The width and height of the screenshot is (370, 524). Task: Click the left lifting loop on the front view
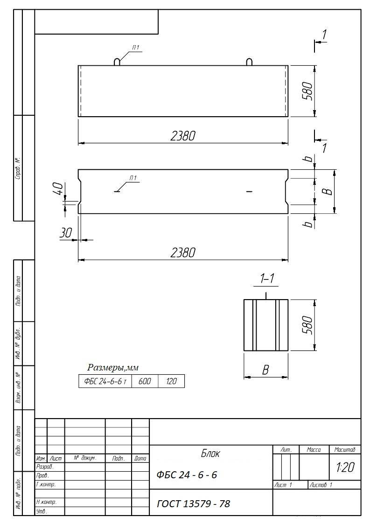point(117,62)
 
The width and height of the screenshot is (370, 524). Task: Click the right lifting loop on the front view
point(249,62)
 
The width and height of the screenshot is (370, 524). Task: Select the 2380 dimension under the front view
point(182,136)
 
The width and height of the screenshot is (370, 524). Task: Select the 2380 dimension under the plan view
point(182,252)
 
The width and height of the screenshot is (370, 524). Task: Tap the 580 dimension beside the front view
point(307,91)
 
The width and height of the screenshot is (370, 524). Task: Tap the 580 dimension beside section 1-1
point(307,325)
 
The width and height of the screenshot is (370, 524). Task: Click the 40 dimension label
point(58,189)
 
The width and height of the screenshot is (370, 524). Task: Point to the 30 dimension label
point(65,232)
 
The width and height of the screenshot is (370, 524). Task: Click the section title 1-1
point(267,279)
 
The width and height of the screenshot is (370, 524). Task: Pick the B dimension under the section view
point(265,370)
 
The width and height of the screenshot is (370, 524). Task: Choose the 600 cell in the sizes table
point(145,381)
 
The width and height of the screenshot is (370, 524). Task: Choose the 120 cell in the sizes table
point(171,381)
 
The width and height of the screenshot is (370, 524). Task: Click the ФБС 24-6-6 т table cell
point(105,381)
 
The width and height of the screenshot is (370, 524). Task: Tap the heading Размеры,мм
point(113,368)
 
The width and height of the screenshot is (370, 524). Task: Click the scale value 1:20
point(345,467)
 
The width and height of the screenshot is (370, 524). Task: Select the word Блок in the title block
point(210,454)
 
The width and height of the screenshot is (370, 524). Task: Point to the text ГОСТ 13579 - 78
point(194,503)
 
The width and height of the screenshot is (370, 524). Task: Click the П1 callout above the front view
point(135,48)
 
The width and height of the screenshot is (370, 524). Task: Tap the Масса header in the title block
point(314,450)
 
